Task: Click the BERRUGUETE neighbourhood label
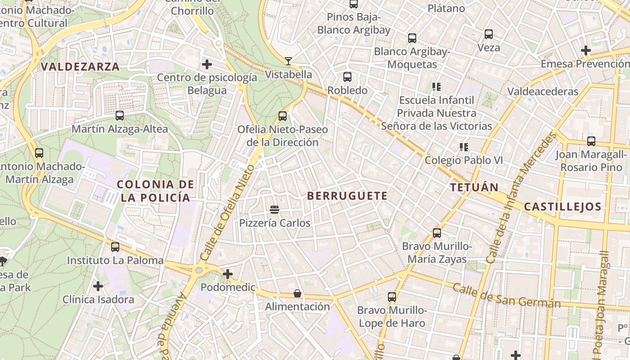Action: [347, 196]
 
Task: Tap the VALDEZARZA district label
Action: [81, 67]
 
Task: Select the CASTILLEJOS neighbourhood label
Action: [562, 207]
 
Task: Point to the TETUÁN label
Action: [475, 188]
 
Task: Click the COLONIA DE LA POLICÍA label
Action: [156, 191]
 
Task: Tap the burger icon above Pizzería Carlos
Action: [274, 210]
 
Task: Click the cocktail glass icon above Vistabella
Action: [288, 61]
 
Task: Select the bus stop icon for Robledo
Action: [347, 77]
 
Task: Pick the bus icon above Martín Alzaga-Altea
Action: [120, 116]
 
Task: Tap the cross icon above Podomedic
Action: [228, 274]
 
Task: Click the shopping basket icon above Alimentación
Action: [297, 293]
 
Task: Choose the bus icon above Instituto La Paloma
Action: [115, 247]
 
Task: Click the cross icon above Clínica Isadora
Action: [98, 286]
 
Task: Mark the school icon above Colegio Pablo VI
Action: [464, 147]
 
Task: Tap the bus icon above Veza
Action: [489, 34]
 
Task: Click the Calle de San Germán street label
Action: [507, 296]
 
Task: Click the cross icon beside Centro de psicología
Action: [207, 65]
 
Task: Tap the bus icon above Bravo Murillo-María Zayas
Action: [437, 233]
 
